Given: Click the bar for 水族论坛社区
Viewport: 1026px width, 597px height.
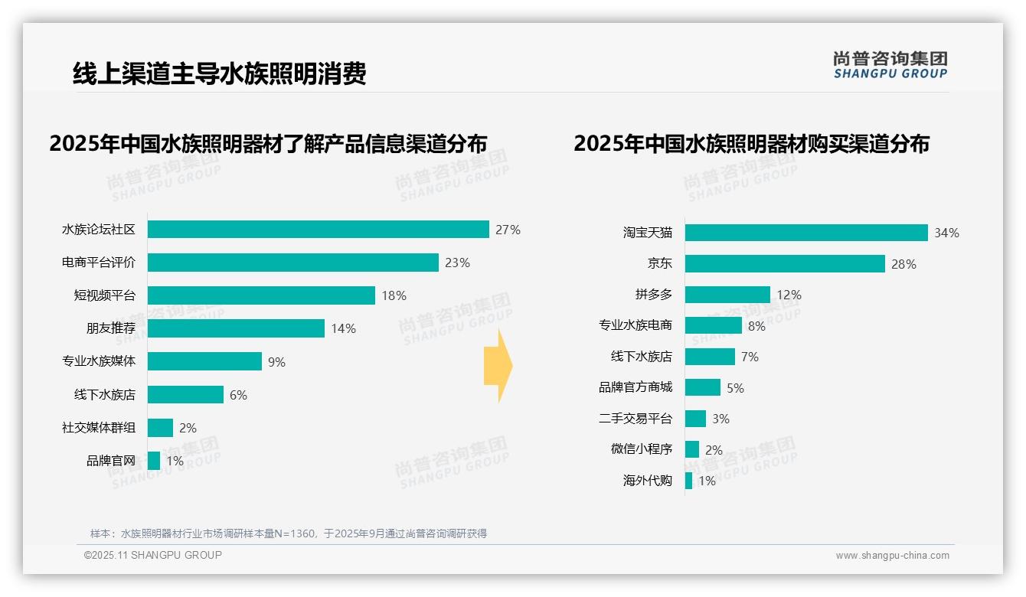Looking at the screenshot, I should click(x=318, y=230).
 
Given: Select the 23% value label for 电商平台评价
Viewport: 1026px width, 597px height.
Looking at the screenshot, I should click(x=457, y=263).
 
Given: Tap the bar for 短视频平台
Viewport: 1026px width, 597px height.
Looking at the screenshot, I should click(x=261, y=295).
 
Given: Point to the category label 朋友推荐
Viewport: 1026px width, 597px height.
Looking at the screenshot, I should click(x=110, y=328).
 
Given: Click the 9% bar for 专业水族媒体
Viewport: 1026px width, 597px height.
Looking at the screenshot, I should click(x=204, y=361).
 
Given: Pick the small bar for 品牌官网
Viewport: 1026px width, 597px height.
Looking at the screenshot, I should click(x=154, y=461).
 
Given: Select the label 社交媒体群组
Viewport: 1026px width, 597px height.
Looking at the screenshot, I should click(x=99, y=428).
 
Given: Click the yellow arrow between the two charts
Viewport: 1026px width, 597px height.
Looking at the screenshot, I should click(x=498, y=367).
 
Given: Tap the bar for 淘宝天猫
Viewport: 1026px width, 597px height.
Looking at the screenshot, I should click(x=806, y=233).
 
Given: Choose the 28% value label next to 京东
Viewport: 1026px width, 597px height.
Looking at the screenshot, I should click(x=903, y=264).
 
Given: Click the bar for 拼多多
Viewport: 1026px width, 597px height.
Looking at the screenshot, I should click(x=727, y=295).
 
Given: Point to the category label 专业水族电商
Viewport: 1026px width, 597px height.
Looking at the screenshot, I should click(x=636, y=325).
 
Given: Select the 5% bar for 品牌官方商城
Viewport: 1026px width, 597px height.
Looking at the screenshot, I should click(x=703, y=387).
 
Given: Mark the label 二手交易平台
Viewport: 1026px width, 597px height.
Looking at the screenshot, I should click(x=636, y=419).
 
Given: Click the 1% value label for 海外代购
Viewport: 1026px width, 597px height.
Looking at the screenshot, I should click(x=707, y=481).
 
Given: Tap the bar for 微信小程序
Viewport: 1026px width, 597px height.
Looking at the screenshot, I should click(x=692, y=449).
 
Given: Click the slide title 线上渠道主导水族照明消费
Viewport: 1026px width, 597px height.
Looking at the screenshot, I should click(x=219, y=73).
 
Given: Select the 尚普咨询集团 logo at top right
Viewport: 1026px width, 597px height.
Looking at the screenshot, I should click(x=890, y=65).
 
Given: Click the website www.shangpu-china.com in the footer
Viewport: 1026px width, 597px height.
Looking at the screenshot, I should click(x=892, y=556).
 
